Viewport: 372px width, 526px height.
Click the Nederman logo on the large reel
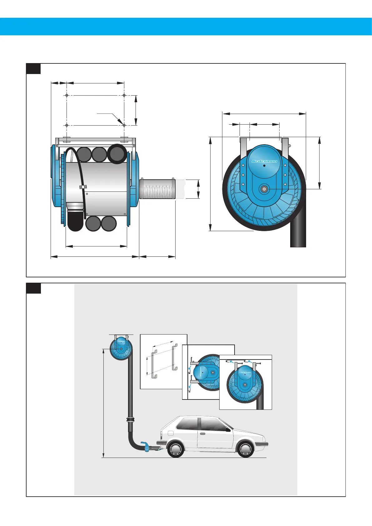(x=264, y=161)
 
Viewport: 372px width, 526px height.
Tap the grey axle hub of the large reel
(x=264, y=189)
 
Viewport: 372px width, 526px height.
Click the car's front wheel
(x=246, y=449)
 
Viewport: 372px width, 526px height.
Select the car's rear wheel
(x=176, y=449)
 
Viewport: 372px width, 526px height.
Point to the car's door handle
(x=203, y=434)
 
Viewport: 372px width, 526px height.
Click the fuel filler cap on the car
(x=170, y=433)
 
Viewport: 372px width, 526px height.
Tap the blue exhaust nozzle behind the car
(x=145, y=445)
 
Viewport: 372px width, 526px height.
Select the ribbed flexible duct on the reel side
(x=157, y=189)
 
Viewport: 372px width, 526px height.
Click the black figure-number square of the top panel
(x=33, y=69)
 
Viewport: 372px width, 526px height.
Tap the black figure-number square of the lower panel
(x=33, y=288)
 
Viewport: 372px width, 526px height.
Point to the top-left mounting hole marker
(x=67, y=95)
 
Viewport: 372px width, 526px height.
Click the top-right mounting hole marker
(x=124, y=95)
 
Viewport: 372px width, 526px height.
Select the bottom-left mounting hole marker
(x=67, y=125)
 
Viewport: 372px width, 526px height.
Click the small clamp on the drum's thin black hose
(x=83, y=187)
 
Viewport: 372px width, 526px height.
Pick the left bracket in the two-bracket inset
(x=154, y=364)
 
